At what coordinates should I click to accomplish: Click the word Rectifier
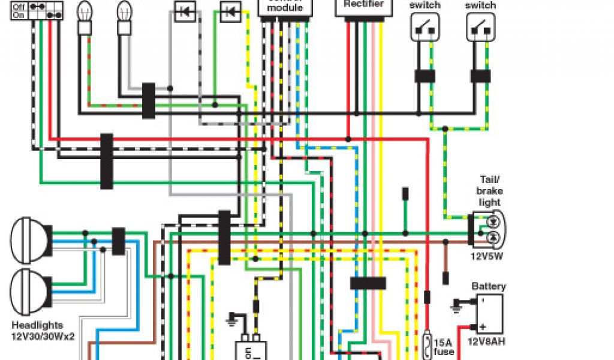point(363,4)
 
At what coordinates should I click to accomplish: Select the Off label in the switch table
point(19,5)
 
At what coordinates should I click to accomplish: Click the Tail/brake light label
point(490,191)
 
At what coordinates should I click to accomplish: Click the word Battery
point(489,287)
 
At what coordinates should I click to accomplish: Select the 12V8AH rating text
point(487,342)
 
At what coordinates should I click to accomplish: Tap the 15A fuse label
point(444,347)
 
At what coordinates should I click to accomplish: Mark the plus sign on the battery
point(481,327)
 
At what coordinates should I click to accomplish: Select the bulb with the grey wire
point(124,12)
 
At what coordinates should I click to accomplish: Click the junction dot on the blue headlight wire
point(94,242)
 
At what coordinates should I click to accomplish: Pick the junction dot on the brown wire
point(446,242)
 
